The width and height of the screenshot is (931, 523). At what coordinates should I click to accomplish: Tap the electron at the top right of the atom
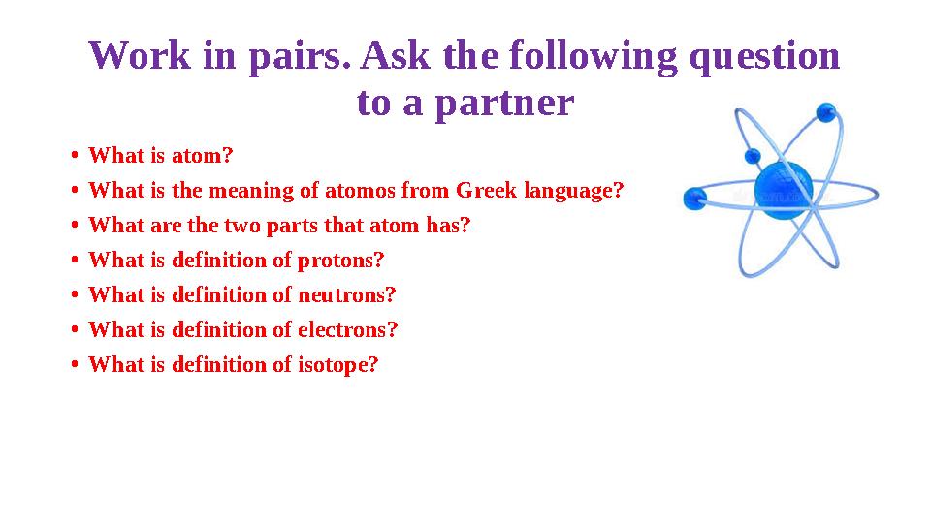(826, 112)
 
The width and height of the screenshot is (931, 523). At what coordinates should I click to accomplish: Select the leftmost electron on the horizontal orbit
(694, 200)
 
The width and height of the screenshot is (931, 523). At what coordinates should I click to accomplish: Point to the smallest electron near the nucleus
(753, 156)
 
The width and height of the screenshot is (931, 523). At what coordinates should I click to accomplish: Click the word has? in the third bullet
(449, 226)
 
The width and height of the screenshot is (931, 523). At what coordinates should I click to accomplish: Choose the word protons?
(340, 261)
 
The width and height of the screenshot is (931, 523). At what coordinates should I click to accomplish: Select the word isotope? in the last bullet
(337, 365)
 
